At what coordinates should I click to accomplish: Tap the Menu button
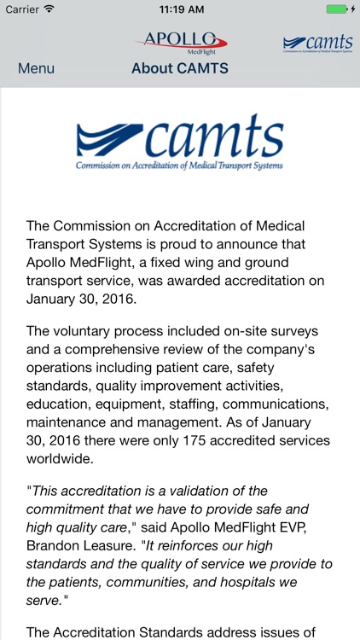(x=36, y=68)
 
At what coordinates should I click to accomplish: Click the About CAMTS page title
(x=180, y=68)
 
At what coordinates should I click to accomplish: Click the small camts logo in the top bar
(x=317, y=44)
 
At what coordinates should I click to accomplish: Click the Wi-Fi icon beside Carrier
(x=49, y=9)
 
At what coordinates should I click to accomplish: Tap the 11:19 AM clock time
(x=180, y=9)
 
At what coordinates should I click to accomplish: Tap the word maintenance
(x=70, y=423)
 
